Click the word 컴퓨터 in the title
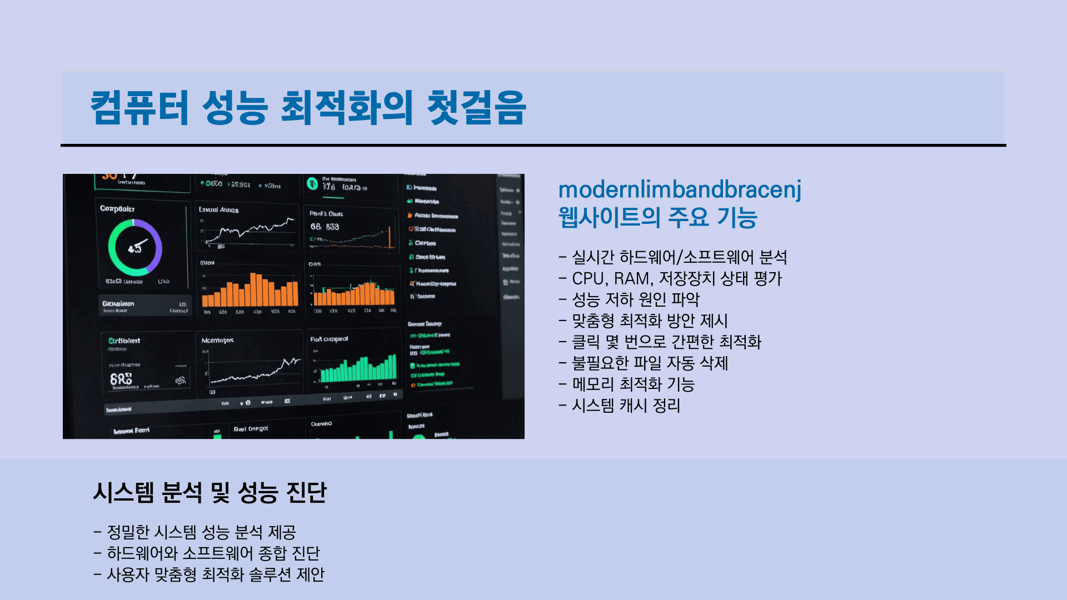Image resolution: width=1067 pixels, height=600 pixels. pyautogui.click(x=139, y=107)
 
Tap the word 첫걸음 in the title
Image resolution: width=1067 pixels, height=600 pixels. pyautogui.click(x=476, y=107)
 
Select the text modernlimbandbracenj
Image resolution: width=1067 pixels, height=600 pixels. pyautogui.click(x=680, y=189)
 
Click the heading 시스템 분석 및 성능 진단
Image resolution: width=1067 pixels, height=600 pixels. pyautogui.click(x=210, y=493)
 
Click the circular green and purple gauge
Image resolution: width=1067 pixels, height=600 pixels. pyautogui.click(x=135, y=248)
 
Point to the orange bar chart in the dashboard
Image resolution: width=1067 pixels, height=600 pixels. pyautogui.click(x=250, y=291)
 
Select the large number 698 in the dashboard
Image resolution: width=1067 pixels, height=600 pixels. pyautogui.click(x=121, y=379)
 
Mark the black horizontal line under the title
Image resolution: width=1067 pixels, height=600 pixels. pyautogui.click(x=533, y=146)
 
